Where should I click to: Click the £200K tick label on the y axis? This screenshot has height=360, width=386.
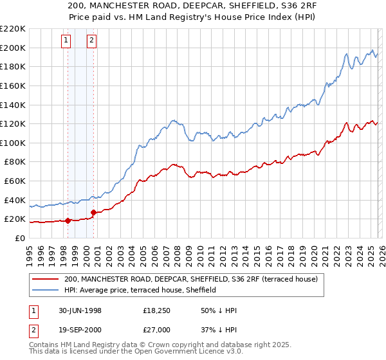point(13,48)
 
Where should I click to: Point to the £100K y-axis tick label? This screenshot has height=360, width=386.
point(13,143)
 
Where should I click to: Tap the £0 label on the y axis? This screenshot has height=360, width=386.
point(21,238)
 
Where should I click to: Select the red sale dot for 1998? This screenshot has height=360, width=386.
point(68,221)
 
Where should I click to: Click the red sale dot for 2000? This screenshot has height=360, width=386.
point(93,212)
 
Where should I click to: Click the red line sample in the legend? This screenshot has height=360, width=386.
point(46,279)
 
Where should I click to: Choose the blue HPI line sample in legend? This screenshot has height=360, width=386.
point(46,290)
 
